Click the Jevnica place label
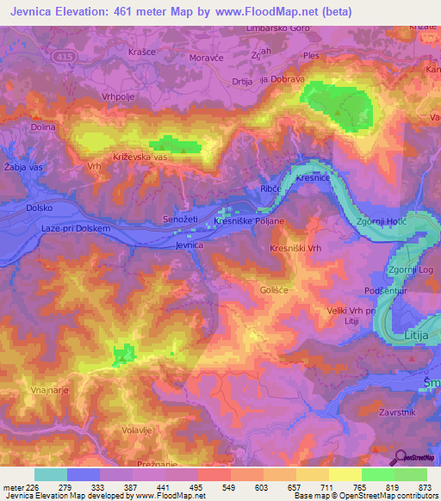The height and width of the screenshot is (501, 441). click(189, 245)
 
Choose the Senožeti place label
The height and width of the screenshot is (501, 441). click(180, 221)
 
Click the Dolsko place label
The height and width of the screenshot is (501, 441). click(40, 207)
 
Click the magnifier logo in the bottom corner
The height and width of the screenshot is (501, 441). click(401, 457)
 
